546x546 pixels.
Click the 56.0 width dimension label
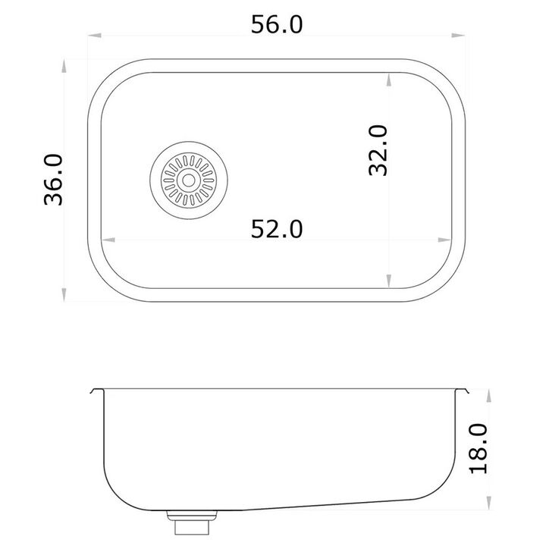(x=277, y=24)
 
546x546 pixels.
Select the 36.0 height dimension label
(x=54, y=180)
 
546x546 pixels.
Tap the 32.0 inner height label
(x=378, y=150)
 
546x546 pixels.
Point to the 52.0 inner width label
(x=277, y=229)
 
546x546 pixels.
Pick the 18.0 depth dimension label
(x=479, y=448)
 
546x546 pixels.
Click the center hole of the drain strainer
(x=189, y=180)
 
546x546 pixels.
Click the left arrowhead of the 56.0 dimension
(x=95, y=35)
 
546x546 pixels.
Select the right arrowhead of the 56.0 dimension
(x=458, y=35)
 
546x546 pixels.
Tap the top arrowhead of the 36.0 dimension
(x=64, y=66)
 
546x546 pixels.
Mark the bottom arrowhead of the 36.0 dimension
(x=64, y=294)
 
